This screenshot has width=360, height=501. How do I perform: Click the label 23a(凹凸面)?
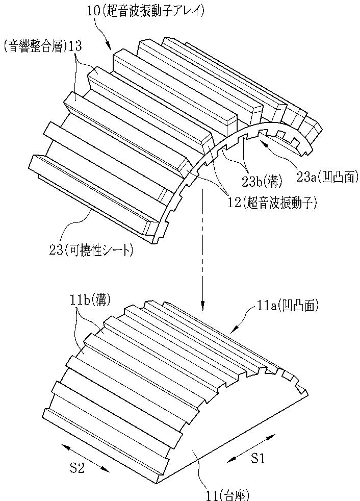click(327, 177)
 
